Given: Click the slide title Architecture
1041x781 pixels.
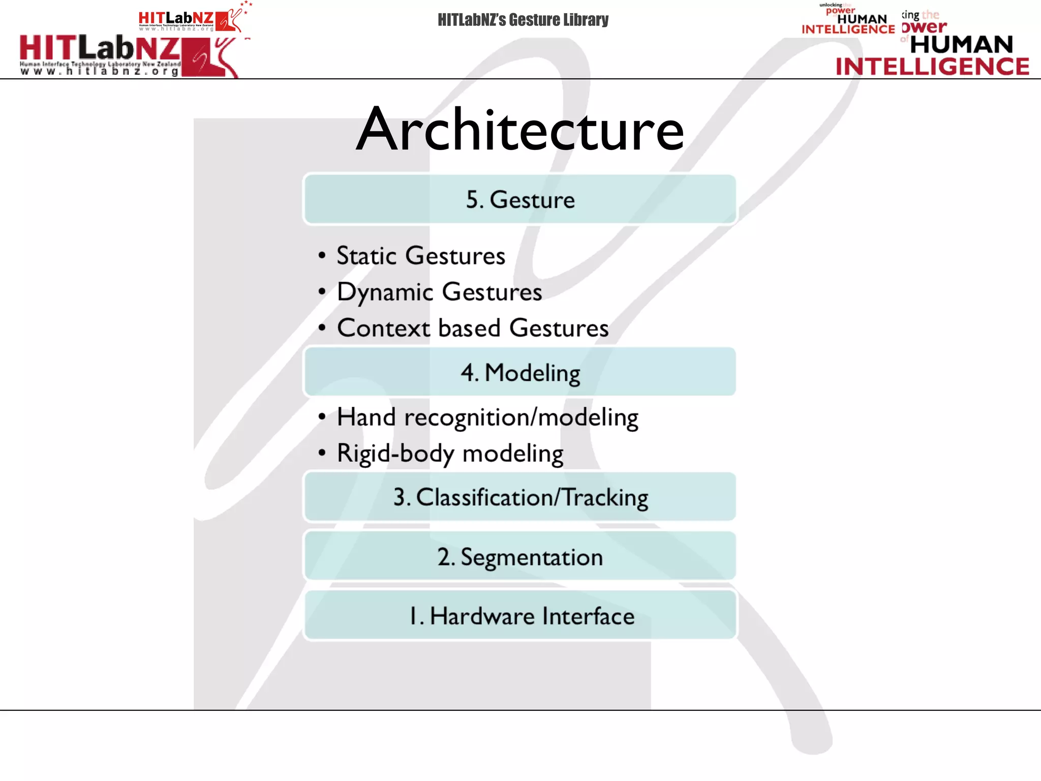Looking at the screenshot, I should pos(520,130).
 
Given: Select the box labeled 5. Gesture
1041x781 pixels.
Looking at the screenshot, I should pos(520,199).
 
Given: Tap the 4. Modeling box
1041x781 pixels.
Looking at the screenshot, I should pos(520,372).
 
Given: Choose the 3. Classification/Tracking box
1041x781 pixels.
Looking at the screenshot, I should pos(520,497).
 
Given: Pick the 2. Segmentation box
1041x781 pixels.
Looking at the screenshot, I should pos(520,556).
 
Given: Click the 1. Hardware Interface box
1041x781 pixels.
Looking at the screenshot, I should pos(520,616).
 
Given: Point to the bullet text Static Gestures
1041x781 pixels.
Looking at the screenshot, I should pos(421,255).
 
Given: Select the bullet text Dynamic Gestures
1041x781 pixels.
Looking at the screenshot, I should pos(439,292).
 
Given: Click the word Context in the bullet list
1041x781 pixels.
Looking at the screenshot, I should pos(383,328).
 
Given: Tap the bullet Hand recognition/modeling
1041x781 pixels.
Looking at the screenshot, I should pos(487,417).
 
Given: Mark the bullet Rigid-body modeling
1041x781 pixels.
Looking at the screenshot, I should pos(450,453).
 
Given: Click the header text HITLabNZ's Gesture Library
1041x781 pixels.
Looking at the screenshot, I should pos(523,20).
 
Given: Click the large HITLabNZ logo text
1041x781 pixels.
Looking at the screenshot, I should pos(100,49).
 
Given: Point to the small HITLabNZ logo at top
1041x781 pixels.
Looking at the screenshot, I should pos(176,19).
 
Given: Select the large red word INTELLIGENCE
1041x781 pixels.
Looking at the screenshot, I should pos(933,67).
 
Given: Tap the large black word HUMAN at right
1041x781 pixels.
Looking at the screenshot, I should pos(962,44).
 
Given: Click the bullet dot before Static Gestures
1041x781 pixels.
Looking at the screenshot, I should pos(322,255).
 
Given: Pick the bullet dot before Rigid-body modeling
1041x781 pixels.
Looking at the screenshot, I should pos(322,453).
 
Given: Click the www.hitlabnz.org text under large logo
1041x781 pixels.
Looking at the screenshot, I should pos(100,72).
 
